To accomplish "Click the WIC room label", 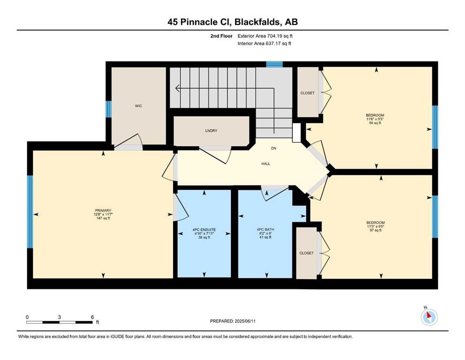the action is click(138, 106).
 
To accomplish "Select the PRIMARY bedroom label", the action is click(103, 210).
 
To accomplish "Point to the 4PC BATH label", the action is click(265, 230).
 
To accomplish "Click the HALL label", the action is click(266, 164).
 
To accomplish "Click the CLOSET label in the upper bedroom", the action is click(307, 93).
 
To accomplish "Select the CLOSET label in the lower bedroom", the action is click(306, 253).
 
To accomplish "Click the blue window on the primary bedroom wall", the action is click(30, 211).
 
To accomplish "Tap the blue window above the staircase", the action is click(274, 64).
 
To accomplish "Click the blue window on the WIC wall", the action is click(109, 109).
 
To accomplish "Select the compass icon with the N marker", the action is click(429, 317).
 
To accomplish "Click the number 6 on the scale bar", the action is click(92, 317).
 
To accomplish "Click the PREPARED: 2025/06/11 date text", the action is click(232, 321).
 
